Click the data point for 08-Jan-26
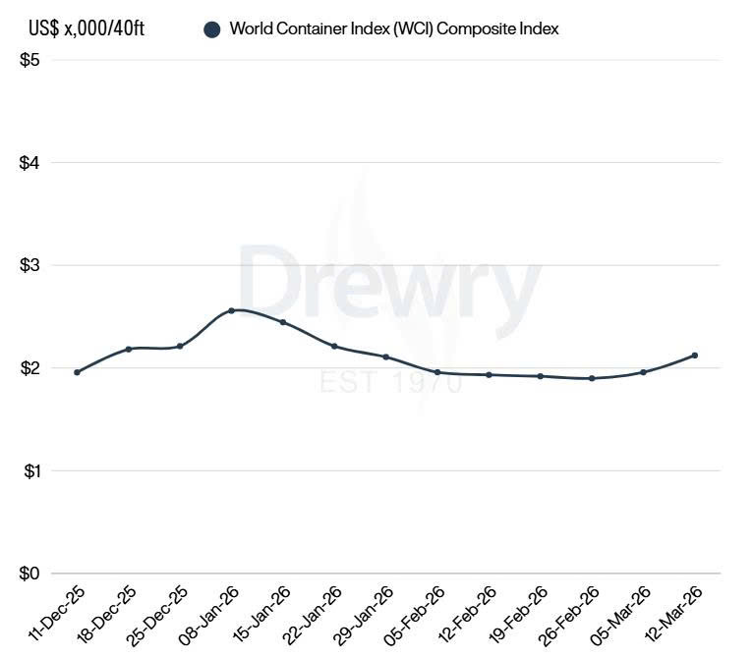[x=231, y=310]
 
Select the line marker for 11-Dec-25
[x=77, y=372]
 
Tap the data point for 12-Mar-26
[x=695, y=356]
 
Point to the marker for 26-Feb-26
[x=592, y=378]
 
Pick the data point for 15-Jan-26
[x=283, y=322]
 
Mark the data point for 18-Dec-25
[x=129, y=349]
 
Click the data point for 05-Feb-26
[x=437, y=372]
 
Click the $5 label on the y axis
[x=29, y=60]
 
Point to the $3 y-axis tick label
[x=29, y=265]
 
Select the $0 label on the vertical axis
[x=29, y=574]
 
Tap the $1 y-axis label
[x=29, y=471]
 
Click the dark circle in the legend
[x=211, y=29]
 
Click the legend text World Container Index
[x=393, y=29]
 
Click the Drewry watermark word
[x=389, y=284]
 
